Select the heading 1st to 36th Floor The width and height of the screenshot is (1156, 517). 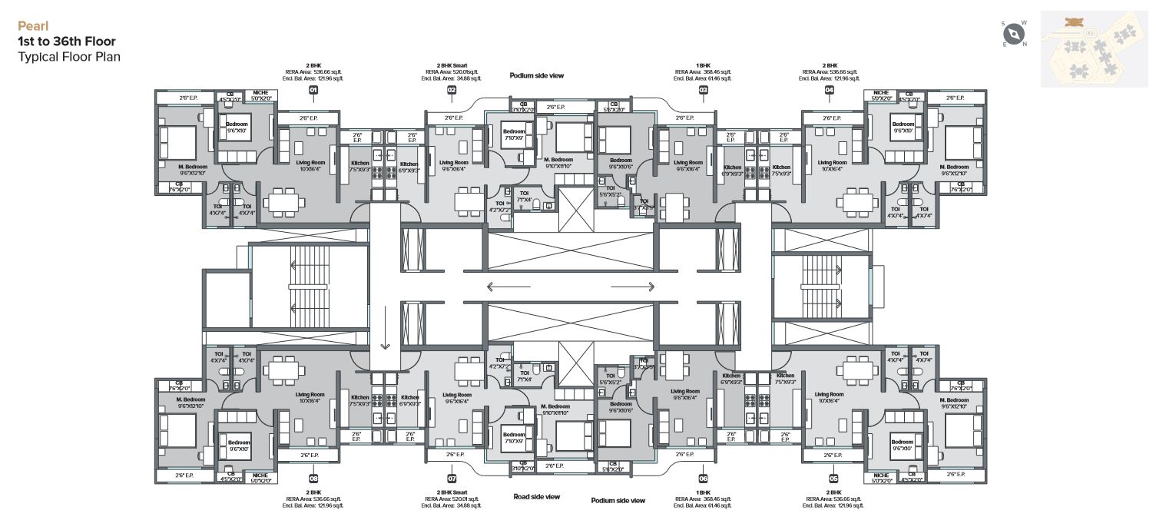[67, 41]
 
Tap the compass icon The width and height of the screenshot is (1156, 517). [1015, 33]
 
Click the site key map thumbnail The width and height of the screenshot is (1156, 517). [1094, 48]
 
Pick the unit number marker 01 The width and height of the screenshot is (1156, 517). [313, 91]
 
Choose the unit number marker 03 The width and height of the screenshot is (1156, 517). [703, 91]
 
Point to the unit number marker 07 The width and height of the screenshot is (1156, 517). [452, 478]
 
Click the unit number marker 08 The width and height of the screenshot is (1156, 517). [313, 478]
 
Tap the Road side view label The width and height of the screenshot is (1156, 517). [536, 497]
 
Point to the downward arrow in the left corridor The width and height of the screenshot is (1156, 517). [385, 326]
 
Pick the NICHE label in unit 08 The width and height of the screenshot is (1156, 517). [260, 475]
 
